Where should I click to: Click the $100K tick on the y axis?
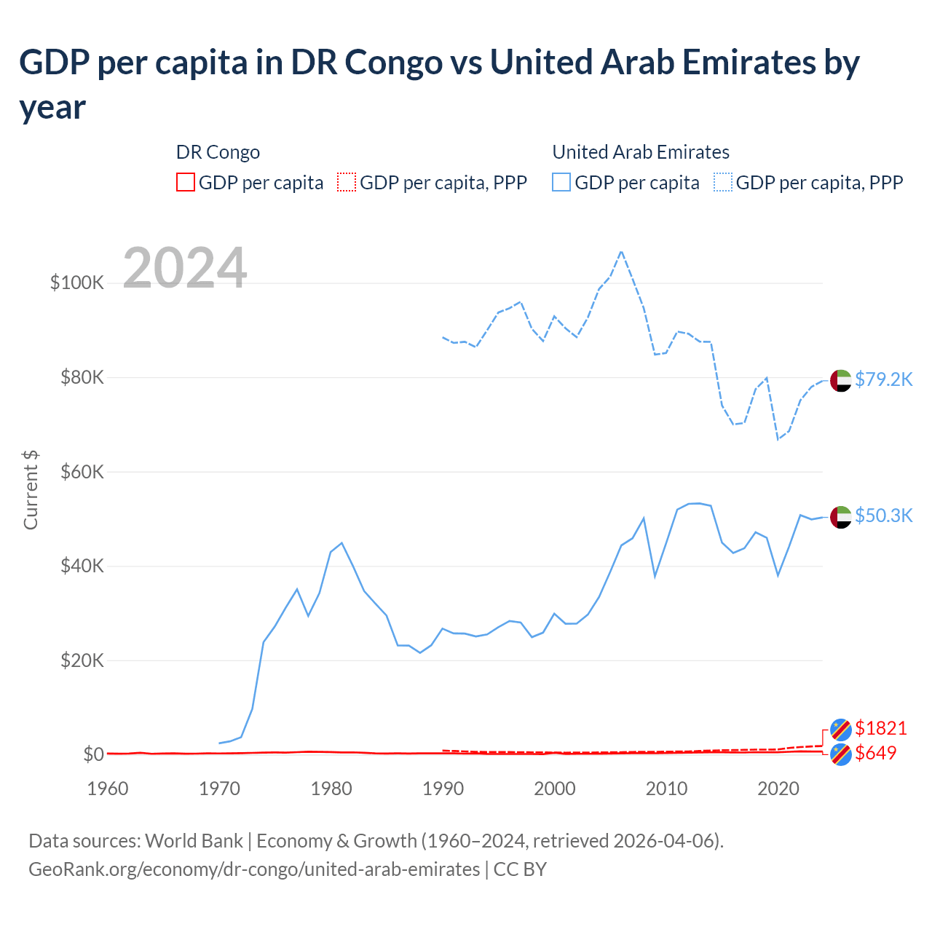(x=77, y=283)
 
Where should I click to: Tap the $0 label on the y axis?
(x=92, y=754)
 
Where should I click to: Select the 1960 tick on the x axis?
(x=108, y=789)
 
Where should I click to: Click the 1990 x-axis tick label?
(x=443, y=789)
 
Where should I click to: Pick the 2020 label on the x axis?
(x=778, y=789)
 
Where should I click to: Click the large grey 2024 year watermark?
(x=185, y=268)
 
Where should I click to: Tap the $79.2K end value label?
(x=883, y=379)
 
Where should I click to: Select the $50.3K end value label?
(x=883, y=516)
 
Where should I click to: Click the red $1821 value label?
(x=881, y=728)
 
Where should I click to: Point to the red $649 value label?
(x=876, y=753)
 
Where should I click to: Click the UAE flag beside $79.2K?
(x=841, y=380)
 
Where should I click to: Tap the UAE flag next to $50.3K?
(x=841, y=516)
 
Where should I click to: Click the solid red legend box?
(x=186, y=182)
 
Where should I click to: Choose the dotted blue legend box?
(x=723, y=182)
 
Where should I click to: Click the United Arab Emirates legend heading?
(x=641, y=152)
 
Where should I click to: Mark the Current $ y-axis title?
(x=31, y=489)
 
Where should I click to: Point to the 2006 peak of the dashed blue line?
(x=621, y=251)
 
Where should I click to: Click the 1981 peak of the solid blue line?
(x=341, y=542)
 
